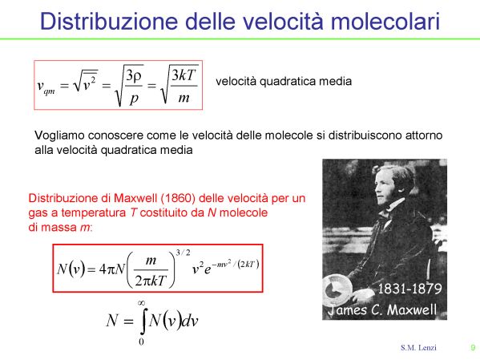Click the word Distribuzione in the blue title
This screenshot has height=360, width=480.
(x=109, y=21)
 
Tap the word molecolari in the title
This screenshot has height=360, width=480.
(x=385, y=21)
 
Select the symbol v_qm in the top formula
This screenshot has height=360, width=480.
(x=46, y=87)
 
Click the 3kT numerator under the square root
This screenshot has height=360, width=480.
(x=184, y=75)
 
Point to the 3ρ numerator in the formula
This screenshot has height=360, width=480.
(x=134, y=75)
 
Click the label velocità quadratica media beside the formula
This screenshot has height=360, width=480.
(x=284, y=81)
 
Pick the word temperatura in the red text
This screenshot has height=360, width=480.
(x=94, y=212)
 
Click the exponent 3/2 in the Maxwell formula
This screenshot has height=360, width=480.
(x=183, y=253)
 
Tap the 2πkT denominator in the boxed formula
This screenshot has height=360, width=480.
(x=151, y=281)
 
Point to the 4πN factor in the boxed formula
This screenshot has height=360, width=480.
(x=111, y=269)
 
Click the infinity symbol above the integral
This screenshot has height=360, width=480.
(x=141, y=303)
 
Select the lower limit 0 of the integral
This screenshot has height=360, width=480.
(x=141, y=342)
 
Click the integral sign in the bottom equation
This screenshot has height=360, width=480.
(x=143, y=321)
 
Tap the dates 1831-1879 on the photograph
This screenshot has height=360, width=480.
(x=409, y=289)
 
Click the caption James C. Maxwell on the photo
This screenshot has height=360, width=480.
(x=382, y=309)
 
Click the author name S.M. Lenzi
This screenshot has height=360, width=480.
(x=418, y=348)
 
